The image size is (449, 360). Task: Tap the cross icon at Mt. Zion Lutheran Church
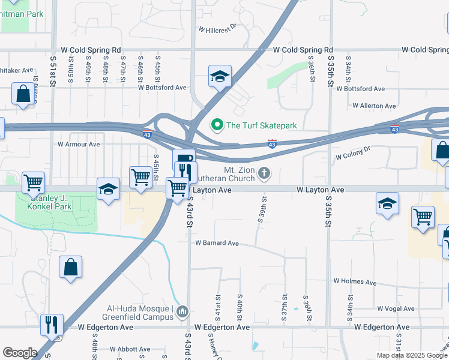[x=264, y=174]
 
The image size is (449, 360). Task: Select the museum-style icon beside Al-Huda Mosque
[x=183, y=311]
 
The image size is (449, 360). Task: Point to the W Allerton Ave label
[x=374, y=106]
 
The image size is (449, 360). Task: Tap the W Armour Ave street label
[x=79, y=144]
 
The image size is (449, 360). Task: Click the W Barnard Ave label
[x=217, y=243]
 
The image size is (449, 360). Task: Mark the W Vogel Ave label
[x=396, y=308]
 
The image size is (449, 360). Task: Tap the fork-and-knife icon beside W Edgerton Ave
[x=52, y=325]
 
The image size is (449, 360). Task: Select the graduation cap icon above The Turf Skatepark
[x=220, y=76]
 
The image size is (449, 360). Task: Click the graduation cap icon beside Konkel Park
[x=108, y=189]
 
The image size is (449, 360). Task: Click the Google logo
[x=20, y=352]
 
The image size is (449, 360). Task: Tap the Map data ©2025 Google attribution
[x=411, y=355]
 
